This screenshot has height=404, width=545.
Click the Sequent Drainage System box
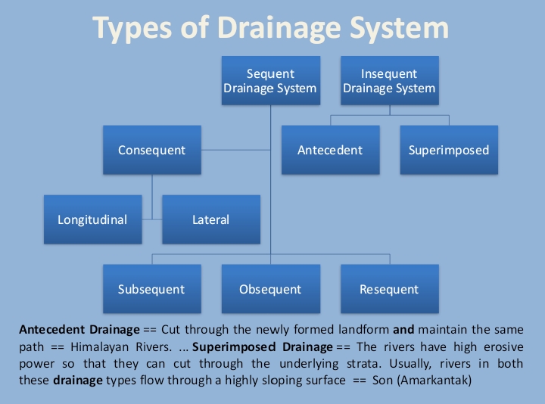270,81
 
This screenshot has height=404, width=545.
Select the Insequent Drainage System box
389,81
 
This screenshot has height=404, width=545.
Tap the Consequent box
151,150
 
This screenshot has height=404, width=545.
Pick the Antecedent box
330,150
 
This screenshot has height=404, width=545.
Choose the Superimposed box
449,150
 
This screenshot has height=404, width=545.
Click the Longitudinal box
92,220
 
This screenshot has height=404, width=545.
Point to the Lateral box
210,220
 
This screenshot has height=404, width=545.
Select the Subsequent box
151,289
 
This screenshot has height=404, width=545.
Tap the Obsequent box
270,289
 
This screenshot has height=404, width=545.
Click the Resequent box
389,289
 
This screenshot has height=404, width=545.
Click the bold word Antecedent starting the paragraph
50,331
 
